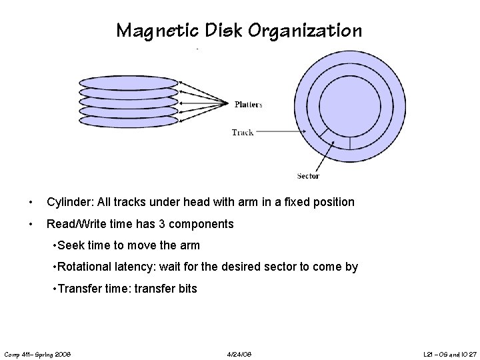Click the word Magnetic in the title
[x=148, y=31]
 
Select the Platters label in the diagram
[x=249, y=104]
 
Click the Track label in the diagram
[x=242, y=132]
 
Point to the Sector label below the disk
[x=308, y=176]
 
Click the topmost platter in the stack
[x=129, y=83]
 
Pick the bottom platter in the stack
[x=129, y=120]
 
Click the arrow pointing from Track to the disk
[x=280, y=132]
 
